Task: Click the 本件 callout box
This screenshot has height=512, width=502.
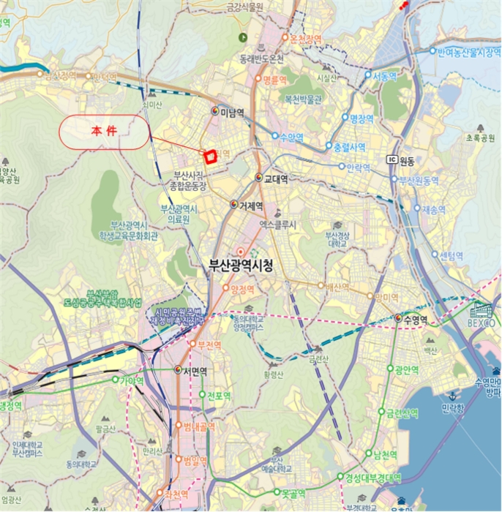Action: (x=105, y=133)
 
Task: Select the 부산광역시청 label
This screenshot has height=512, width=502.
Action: (x=236, y=267)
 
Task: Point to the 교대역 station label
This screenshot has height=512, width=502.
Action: (x=276, y=178)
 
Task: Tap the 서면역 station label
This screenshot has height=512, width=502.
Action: (x=195, y=371)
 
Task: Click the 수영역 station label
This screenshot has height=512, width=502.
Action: (x=415, y=319)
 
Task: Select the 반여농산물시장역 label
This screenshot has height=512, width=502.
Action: (x=468, y=52)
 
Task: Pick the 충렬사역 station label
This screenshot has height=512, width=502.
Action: (x=348, y=147)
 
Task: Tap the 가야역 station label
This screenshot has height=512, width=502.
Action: (x=132, y=380)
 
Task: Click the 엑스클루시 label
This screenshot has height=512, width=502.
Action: (x=277, y=226)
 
